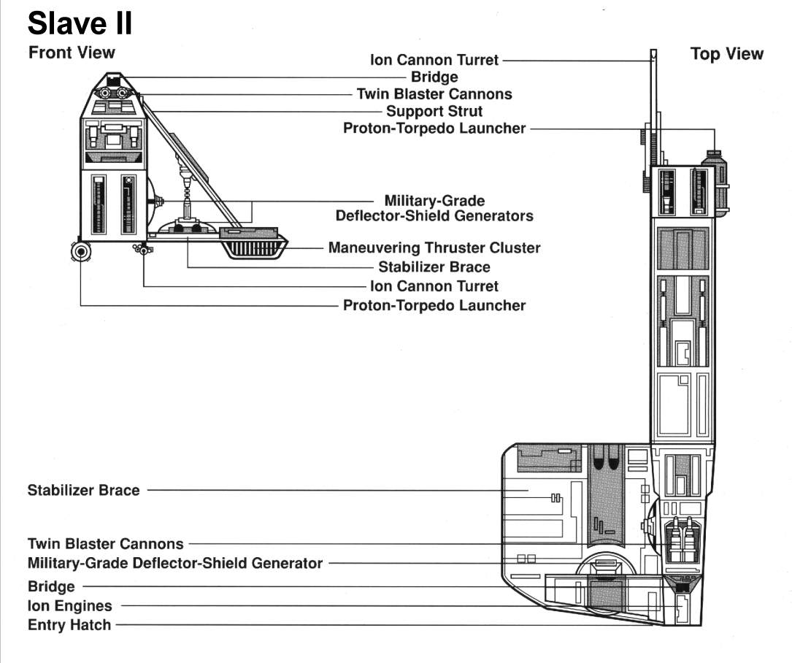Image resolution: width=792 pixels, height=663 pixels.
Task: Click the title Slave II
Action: click(x=80, y=23)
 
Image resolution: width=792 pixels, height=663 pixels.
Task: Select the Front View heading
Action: click(x=72, y=53)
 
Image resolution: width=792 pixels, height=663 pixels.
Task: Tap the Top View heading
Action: click(x=726, y=54)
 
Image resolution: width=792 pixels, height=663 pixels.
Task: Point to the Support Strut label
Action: click(x=434, y=112)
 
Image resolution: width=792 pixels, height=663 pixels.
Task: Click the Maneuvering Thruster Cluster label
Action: click(x=434, y=248)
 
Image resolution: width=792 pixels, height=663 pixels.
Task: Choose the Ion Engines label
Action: click(x=70, y=606)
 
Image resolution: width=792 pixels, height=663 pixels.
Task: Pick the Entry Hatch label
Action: click(x=69, y=625)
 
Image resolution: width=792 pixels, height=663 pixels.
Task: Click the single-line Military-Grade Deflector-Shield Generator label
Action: click(x=175, y=564)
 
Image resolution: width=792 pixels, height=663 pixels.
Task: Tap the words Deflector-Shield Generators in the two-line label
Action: click(x=434, y=216)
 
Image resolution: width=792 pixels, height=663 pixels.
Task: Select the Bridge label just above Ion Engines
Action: click(x=51, y=586)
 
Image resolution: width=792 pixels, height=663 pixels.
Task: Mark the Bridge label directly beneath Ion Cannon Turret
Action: click(x=434, y=77)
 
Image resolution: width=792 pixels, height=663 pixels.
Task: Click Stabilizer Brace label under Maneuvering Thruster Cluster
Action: click(x=434, y=267)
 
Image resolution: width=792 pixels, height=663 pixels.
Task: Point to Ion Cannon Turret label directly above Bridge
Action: click(x=434, y=60)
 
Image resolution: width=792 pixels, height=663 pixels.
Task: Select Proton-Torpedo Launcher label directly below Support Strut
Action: click(x=434, y=129)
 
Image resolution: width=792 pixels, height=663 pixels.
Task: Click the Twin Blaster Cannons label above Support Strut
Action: click(x=434, y=94)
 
